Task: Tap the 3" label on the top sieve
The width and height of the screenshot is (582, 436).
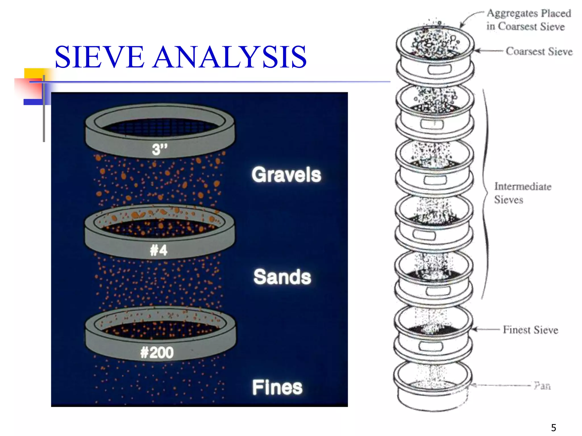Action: point(160,149)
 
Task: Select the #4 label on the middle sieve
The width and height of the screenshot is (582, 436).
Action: point(159,250)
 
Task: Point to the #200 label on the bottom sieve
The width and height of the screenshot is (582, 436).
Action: point(157,353)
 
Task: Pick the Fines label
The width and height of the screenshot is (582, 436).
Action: point(277,387)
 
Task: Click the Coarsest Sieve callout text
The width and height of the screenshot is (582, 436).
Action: point(539,51)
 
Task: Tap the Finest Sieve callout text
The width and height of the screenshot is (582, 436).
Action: point(531,330)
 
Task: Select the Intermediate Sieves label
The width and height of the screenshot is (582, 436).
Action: point(522,193)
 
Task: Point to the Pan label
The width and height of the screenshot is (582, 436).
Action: point(542,386)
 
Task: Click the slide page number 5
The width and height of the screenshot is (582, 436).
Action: point(553,427)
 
